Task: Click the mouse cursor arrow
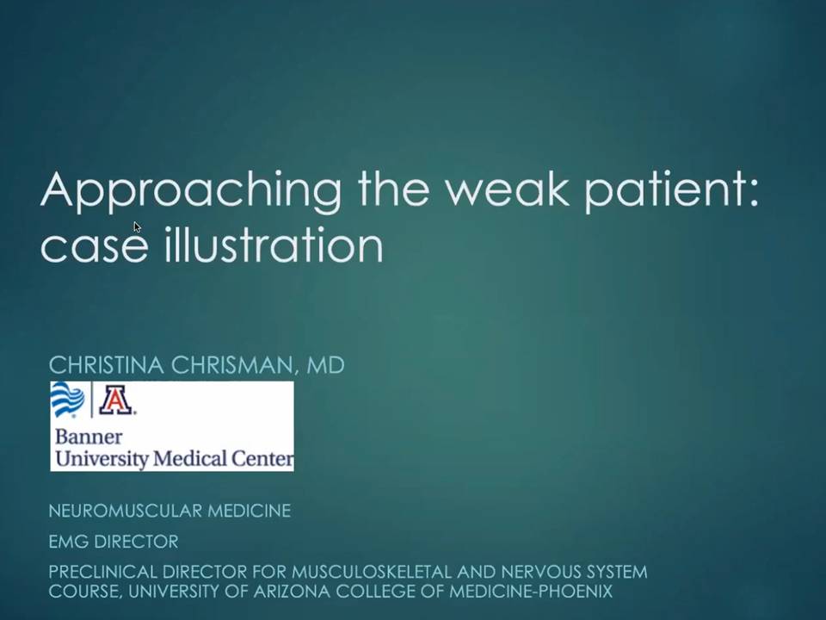137,227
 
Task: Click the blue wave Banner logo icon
67,399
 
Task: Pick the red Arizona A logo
116,400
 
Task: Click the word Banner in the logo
89,437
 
